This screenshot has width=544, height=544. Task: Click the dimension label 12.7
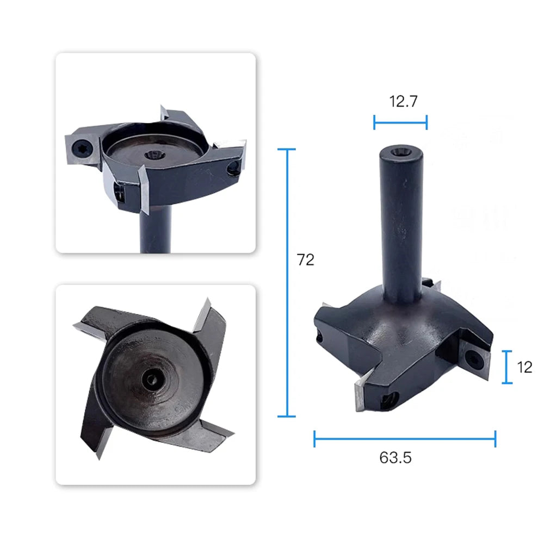tap(403, 101)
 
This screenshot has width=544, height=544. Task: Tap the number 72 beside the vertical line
tap(306, 260)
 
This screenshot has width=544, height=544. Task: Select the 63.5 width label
tap(395, 458)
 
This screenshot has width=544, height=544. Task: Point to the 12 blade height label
tap(524, 367)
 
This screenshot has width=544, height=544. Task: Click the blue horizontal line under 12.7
tap(400, 122)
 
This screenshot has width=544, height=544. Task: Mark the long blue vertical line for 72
tap(287, 283)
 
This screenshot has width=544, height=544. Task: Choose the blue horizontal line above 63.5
tap(405, 439)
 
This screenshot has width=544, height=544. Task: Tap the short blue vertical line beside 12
tap(507, 367)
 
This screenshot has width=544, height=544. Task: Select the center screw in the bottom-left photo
tap(152, 380)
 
